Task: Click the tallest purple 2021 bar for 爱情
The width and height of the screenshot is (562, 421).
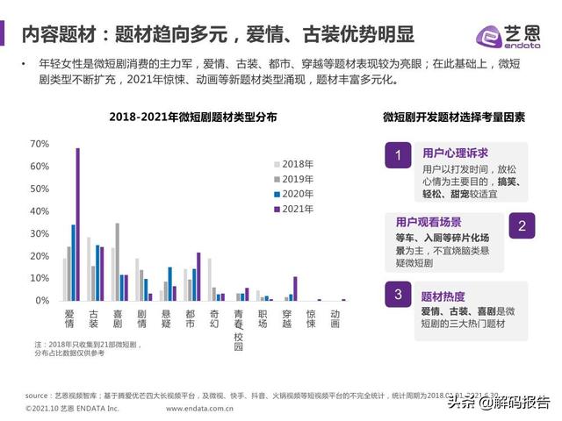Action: tap(77, 224)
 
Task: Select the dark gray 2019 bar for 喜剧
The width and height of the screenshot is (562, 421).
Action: tap(117, 261)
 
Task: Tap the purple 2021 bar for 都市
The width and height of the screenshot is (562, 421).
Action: tap(198, 276)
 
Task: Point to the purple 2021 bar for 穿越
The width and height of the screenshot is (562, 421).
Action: tap(295, 289)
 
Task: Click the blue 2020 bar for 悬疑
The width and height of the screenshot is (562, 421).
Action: tap(169, 283)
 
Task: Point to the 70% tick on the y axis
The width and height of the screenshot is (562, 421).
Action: tap(40, 143)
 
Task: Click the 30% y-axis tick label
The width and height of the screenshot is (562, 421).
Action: tap(40, 233)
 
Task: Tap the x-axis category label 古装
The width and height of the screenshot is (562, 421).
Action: tap(93, 318)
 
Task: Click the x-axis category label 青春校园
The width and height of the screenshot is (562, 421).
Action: tap(238, 328)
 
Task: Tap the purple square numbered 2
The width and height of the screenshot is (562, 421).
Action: tap(522, 226)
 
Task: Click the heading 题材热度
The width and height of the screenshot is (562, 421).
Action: tap(443, 296)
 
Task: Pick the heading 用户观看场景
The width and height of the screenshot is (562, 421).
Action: tap(429, 222)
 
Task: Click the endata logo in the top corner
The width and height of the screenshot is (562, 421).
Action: tap(513, 35)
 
